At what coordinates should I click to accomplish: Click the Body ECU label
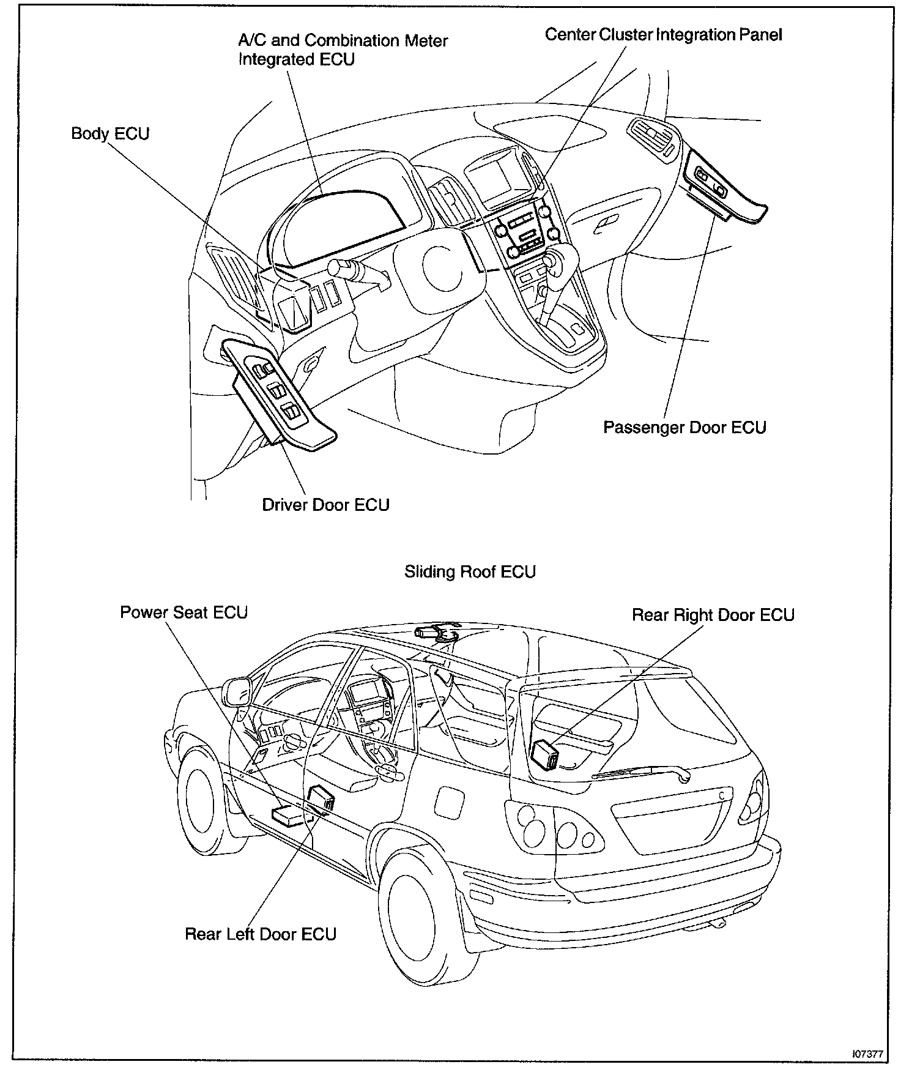point(110,134)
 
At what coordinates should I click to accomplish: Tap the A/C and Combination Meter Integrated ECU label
point(343,50)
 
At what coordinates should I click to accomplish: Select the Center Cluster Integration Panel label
point(663,35)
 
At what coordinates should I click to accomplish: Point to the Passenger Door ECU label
point(684,427)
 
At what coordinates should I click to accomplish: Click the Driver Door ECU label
point(325,505)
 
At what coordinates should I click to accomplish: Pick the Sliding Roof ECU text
point(470,572)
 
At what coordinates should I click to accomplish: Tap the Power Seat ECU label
point(184,612)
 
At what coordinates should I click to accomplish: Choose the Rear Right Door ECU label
point(713,615)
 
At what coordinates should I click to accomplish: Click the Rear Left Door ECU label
point(261,934)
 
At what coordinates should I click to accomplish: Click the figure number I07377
point(868,1054)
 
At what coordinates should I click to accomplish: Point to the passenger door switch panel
point(714,182)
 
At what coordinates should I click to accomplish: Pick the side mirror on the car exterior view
point(237,691)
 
